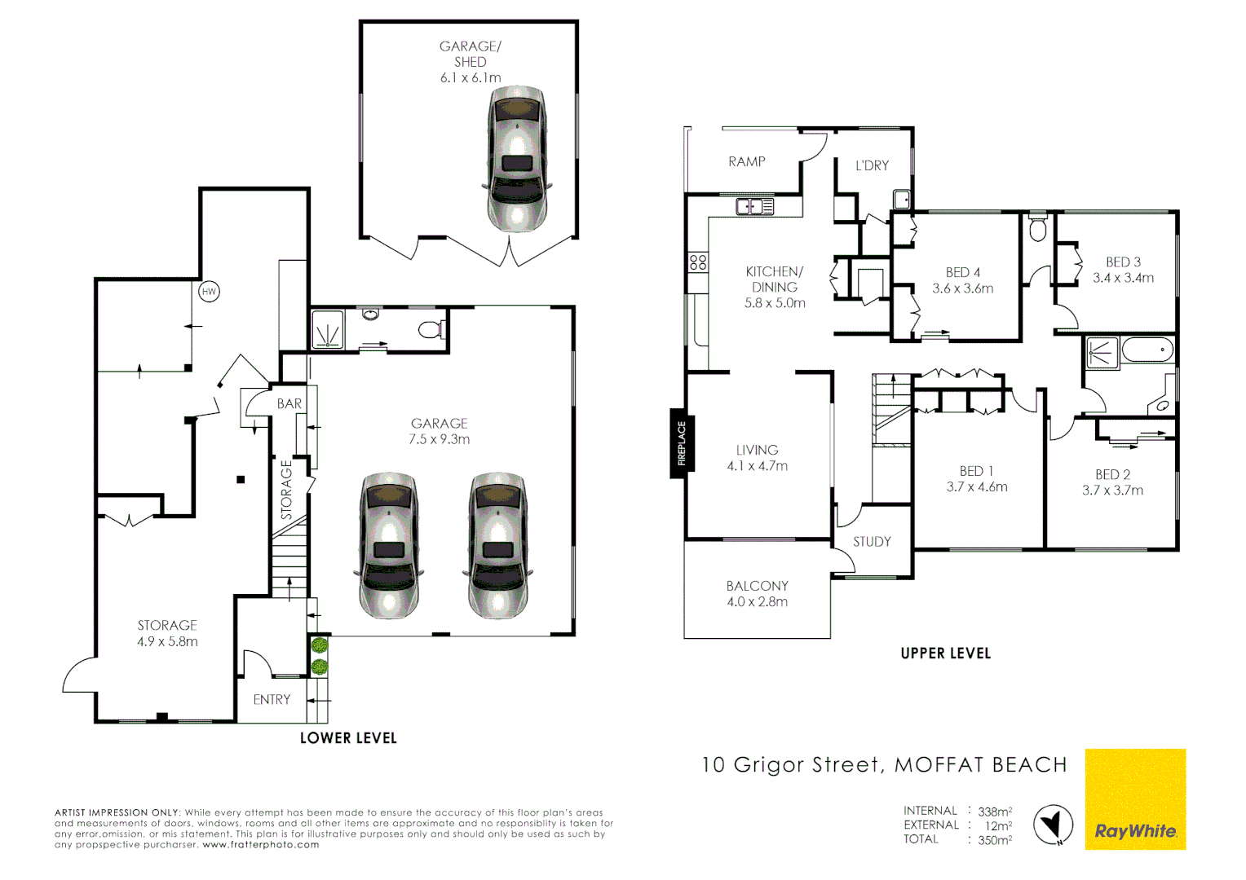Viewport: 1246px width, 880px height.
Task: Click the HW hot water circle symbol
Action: pyautogui.click(x=209, y=292)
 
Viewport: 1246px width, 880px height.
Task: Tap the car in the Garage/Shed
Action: pyautogui.click(x=517, y=160)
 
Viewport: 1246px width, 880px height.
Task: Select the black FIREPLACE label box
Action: pyautogui.click(x=681, y=444)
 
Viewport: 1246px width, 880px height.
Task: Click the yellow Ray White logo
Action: pyautogui.click(x=1135, y=799)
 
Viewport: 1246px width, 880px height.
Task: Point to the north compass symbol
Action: pyautogui.click(x=1053, y=825)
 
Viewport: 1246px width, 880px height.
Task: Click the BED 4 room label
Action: pyautogui.click(x=962, y=272)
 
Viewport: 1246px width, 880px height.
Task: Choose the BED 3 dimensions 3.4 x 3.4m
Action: pyautogui.click(x=1123, y=278)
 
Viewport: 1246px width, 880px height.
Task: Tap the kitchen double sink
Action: pyautogui.click(x=754, y=207)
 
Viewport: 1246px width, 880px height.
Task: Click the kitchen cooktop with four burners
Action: pyautogui.click(x=698, y=262)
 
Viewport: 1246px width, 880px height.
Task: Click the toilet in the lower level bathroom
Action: pyautogui.click(x=431, y=329)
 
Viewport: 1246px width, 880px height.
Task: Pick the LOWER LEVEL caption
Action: pyautogui.click(x=348, y=738)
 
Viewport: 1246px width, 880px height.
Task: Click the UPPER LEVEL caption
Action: pyautogui.click(x=945, y=653)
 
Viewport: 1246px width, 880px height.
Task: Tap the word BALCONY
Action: pyautogui.click(x=757, y=586)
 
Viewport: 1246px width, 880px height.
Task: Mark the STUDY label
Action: pyautogui.click(x=872, y=542)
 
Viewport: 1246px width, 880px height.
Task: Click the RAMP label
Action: pyautogui.click(x=746, y=162)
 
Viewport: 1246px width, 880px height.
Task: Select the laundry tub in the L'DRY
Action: pyautogui.click(x=901, y=200)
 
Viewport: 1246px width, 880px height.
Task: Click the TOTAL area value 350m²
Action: pyautogui.click(x=995, y=840)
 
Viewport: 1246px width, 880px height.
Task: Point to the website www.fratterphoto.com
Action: pyautogui.click(x=261, y=845)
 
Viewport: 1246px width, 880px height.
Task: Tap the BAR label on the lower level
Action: pyautogui.click(x=289, y=404)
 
